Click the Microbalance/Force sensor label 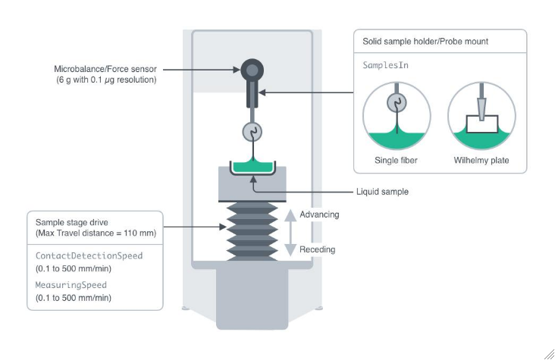[x=105, y=69]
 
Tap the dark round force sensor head [x=251, y=71]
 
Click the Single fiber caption [x=396, y=160]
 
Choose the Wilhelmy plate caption [x=481, y=160]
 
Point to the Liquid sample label [x=383, y=192]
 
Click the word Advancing [x=319, y=214]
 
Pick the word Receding [x=317, y=249]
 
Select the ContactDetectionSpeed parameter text [x=89, y=255]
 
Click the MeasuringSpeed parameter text [x=72, y=285]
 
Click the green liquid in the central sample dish [x=251, y=167]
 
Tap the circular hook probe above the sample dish [x=251, y=132]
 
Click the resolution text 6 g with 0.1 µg [x=105, y=80]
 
